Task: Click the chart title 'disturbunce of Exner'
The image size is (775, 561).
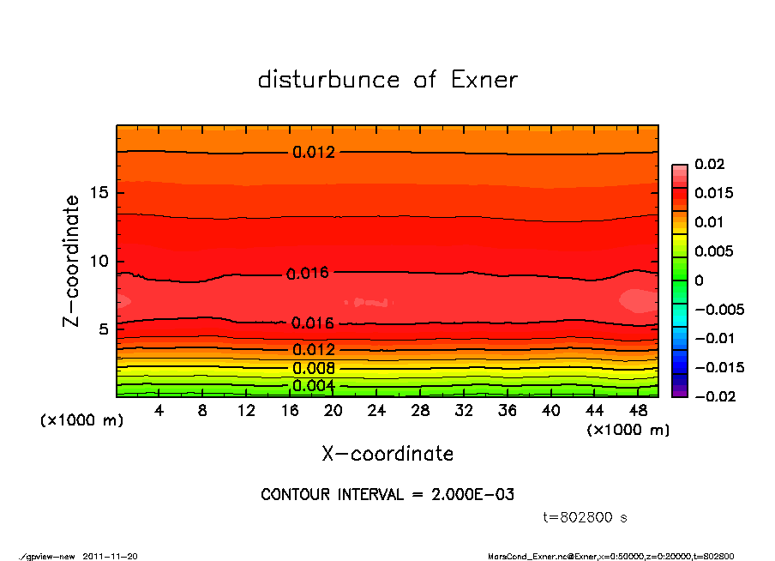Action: tap(387, 80)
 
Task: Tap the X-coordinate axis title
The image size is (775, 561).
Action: tap(387, 453)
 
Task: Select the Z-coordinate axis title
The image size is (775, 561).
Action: tap(72, 261)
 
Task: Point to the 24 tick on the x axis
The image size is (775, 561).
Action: tap(377, 410)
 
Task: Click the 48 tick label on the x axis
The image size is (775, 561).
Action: tap(639, 410)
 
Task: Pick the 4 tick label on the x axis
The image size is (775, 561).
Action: tap(159, 410)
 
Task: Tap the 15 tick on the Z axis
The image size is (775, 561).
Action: tap(98, 192)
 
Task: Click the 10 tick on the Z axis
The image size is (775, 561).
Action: tap(98, 261)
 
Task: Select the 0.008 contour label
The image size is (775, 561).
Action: tap(314, 368)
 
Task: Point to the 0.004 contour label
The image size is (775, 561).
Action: tap(314, 385)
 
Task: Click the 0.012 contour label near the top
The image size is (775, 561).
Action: tap(314, 153)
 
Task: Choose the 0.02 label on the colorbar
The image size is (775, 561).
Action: tap(711, 164)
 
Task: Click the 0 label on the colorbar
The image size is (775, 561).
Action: tap(699, 280)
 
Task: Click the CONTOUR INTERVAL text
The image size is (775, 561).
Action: tap(387, 494)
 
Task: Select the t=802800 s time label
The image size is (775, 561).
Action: tap(586, 517)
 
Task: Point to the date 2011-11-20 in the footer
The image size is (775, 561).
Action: tap(110, 556)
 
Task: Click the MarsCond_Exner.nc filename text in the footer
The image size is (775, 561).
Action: tap(523, 556)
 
